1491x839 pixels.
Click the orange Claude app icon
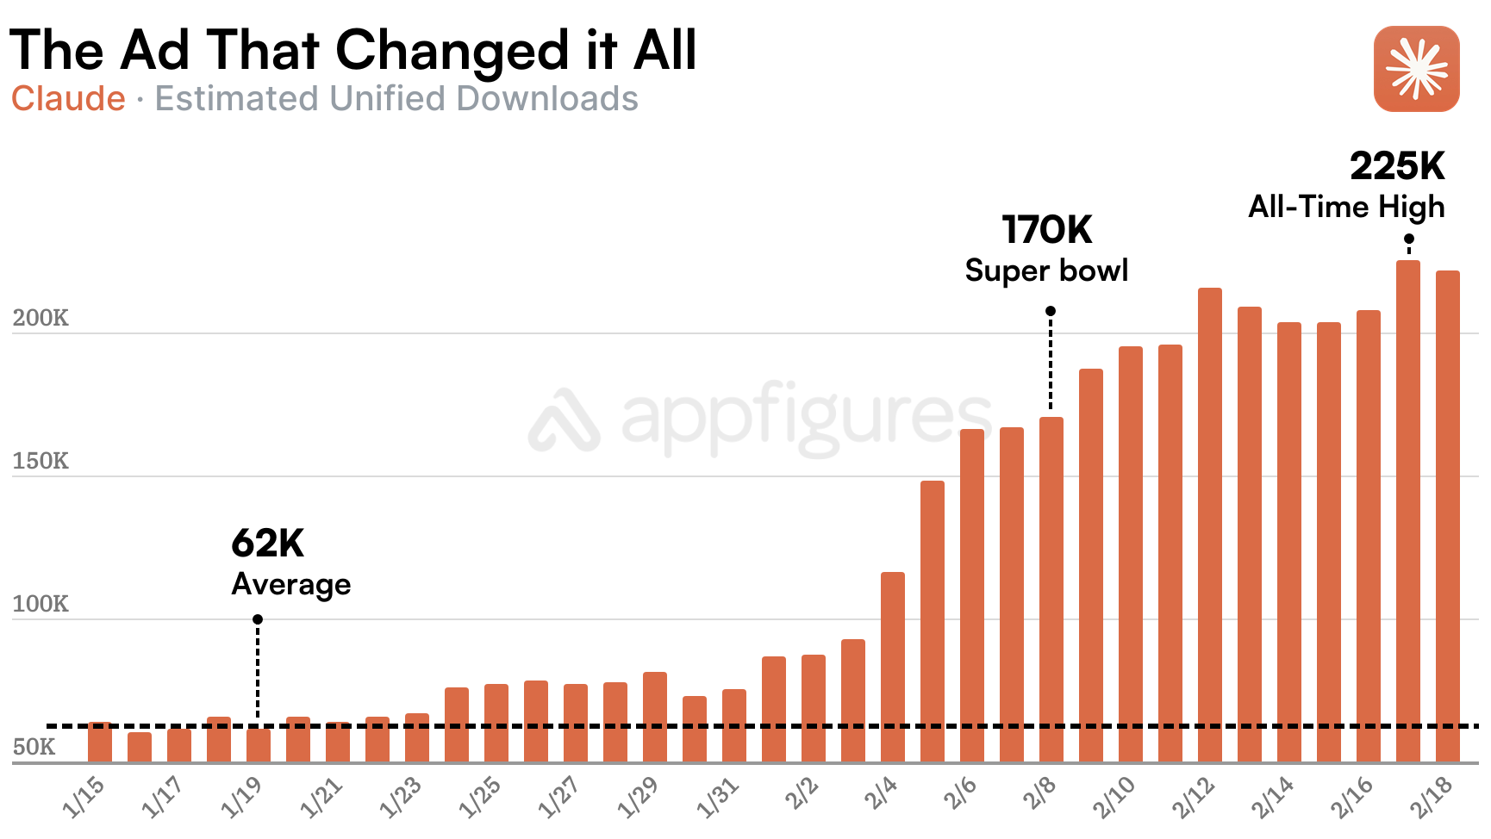(x=1416, y=69)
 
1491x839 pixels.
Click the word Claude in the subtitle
(x=68, y=99)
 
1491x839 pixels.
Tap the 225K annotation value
(x=1396, y=166)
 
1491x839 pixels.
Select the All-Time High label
(x=1346, y=207)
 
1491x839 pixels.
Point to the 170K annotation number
(x=1046, y=230)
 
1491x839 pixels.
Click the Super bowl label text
(x=1046, y=270)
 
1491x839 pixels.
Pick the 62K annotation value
(x=267, y=544)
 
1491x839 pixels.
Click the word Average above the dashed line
(x=290, y=584)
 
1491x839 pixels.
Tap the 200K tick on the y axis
(x=41, y=318)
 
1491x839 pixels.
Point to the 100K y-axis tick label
(x=41, y=604)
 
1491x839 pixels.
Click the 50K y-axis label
(x=34, y=747)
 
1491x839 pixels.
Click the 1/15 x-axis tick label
(x=84, y=797)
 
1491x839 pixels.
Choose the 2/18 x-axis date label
(x=1431, y=797)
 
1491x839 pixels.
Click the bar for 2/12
(x=1209, y=525)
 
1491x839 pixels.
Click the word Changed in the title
(x=452, y=50)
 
